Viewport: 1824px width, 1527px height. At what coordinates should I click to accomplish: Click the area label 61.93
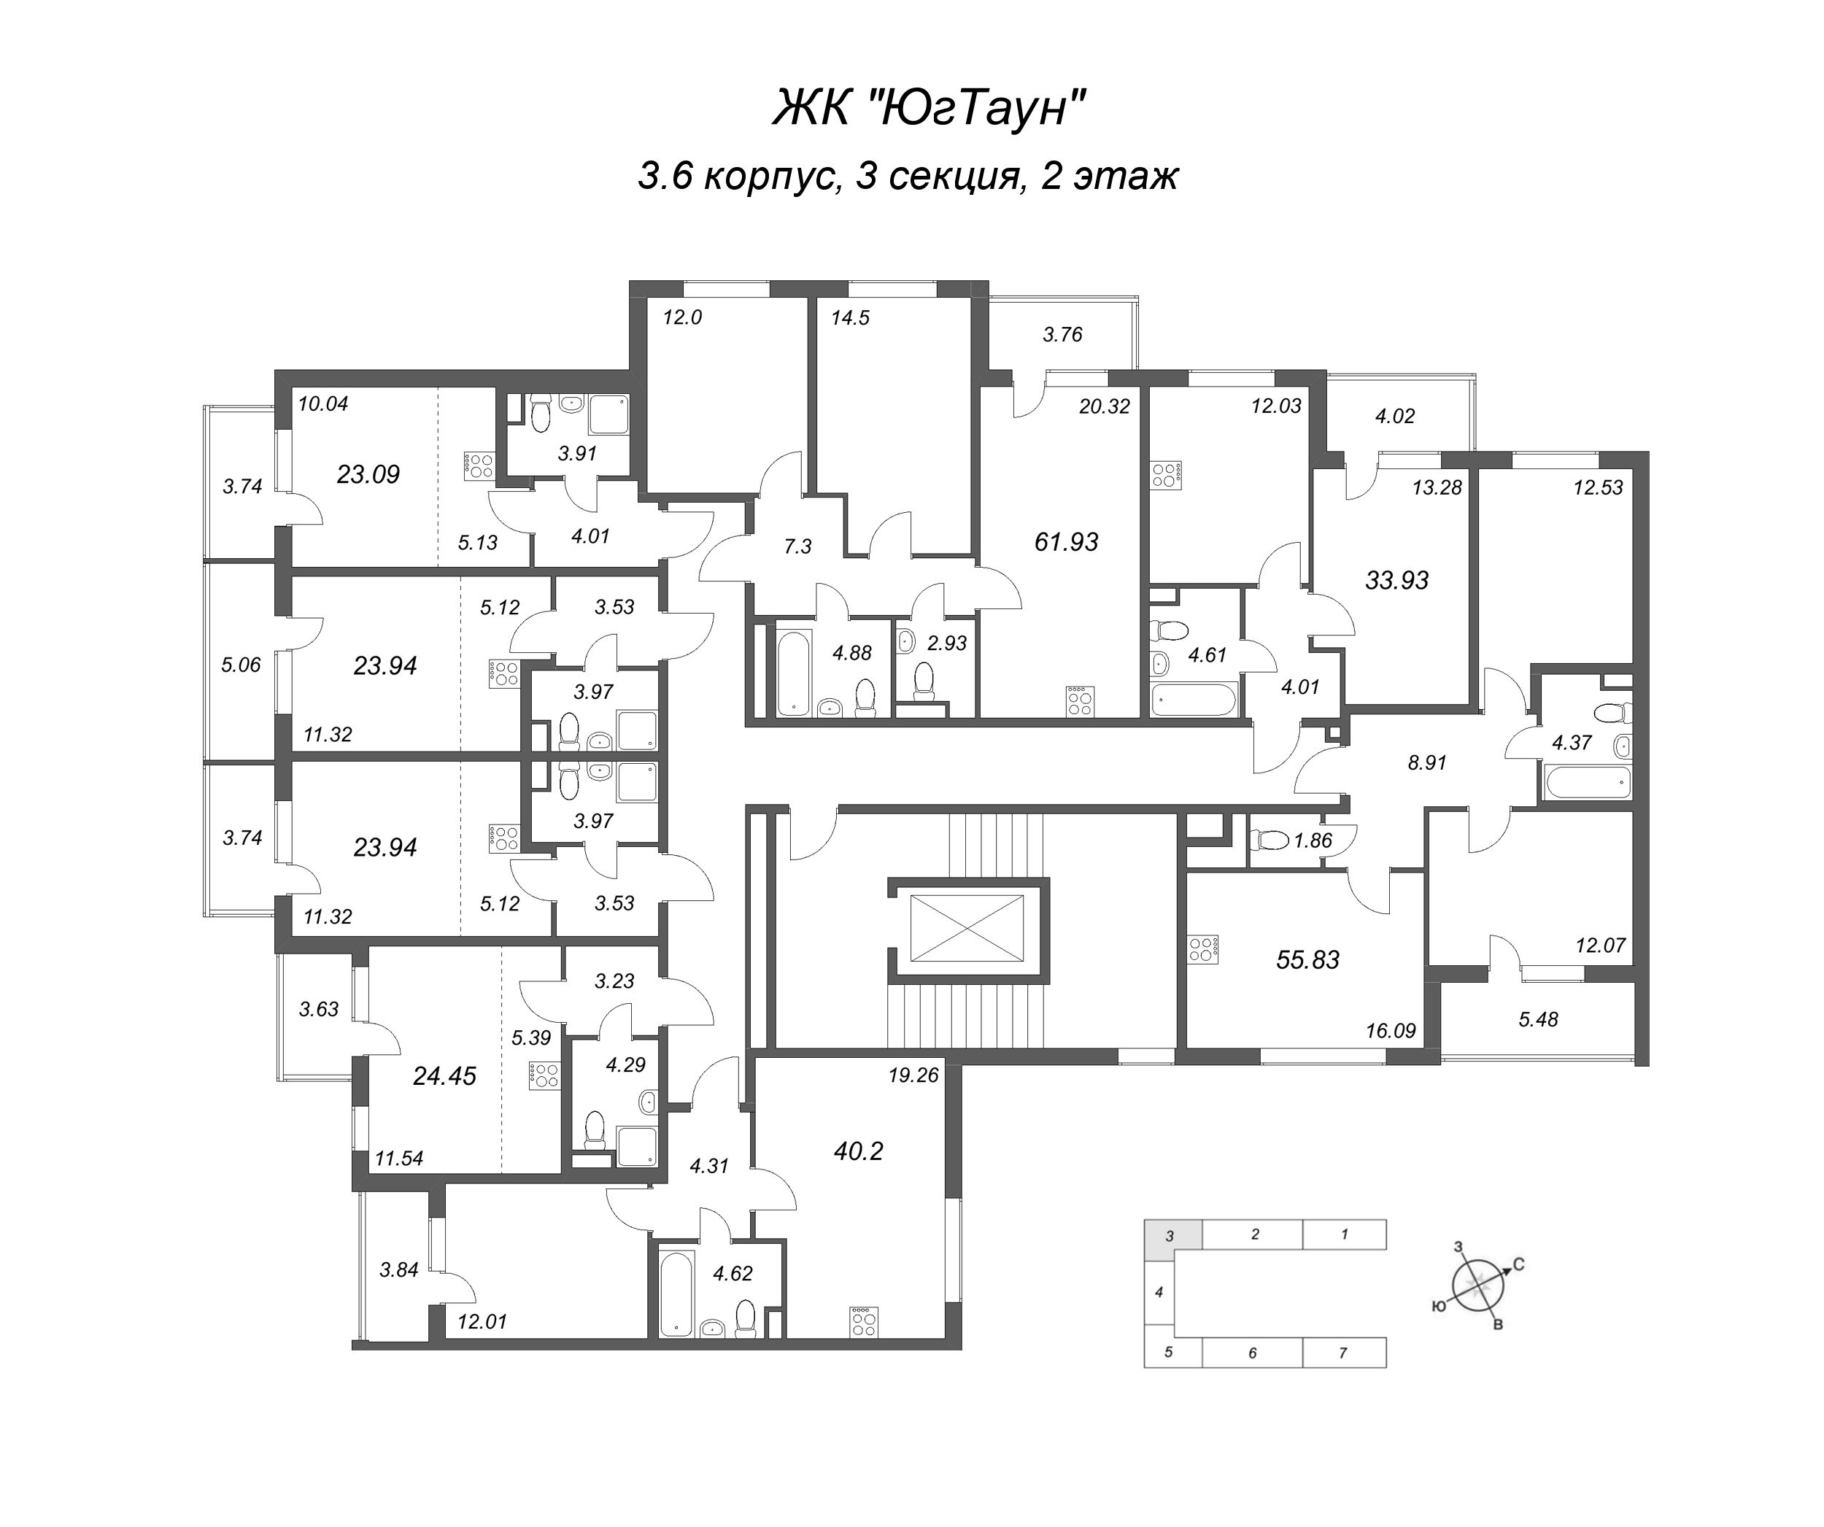tap(1066, 542)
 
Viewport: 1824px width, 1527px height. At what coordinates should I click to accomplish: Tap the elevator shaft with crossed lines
tap(966, 929)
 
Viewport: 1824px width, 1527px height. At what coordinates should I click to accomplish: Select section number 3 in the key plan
tap(1170, 1235)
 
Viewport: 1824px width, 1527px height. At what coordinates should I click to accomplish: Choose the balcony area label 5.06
tap(241, 665)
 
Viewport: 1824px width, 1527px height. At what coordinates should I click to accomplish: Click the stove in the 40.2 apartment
tap(863, 1321)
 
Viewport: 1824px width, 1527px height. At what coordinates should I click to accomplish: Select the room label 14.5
tap(849, 318)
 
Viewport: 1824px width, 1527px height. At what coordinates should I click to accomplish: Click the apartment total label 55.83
tap(1307, 960)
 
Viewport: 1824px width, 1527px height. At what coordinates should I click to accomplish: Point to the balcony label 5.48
tap(1537, 1019)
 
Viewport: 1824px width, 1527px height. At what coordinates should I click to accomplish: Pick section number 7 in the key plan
tap(1342, 1353)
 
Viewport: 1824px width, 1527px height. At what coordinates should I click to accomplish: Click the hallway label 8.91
tap(1427, 762)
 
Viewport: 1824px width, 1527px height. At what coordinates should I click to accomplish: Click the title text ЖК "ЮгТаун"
tap(930, 110)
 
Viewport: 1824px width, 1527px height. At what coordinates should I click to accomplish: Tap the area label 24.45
tap(445, 1076)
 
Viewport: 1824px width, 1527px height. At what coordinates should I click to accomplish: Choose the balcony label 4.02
tap(1395, 416)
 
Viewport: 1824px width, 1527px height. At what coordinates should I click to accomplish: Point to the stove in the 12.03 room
tap(1166, 475)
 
